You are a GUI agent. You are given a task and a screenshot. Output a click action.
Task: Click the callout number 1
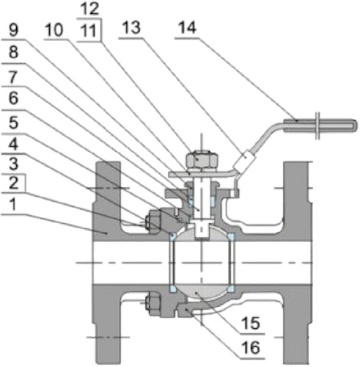pos(10,207)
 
